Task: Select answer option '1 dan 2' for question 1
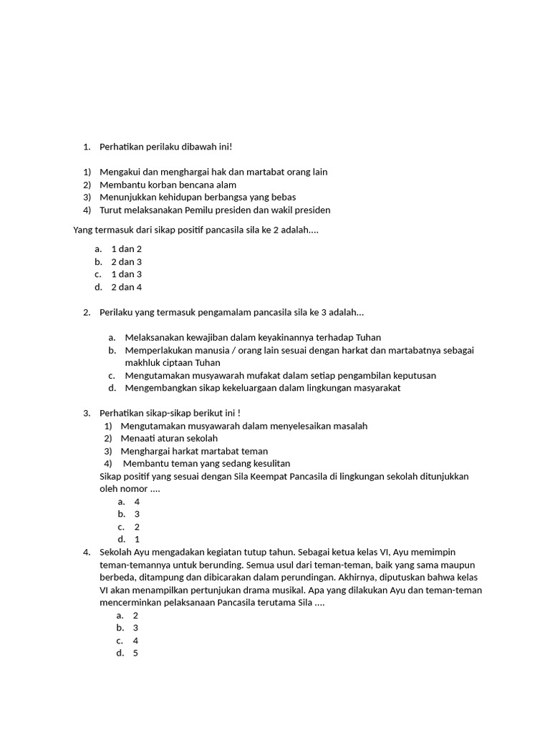click(126, 248)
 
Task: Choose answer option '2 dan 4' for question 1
click(126, 287)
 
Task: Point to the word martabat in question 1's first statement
click(254, 172)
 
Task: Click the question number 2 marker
click(86, 312)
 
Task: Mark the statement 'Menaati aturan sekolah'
click(169, 438)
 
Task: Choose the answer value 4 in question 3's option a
click(137, 502)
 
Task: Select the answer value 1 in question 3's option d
click(137, 539)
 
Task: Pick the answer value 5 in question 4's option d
click(135, 653)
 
